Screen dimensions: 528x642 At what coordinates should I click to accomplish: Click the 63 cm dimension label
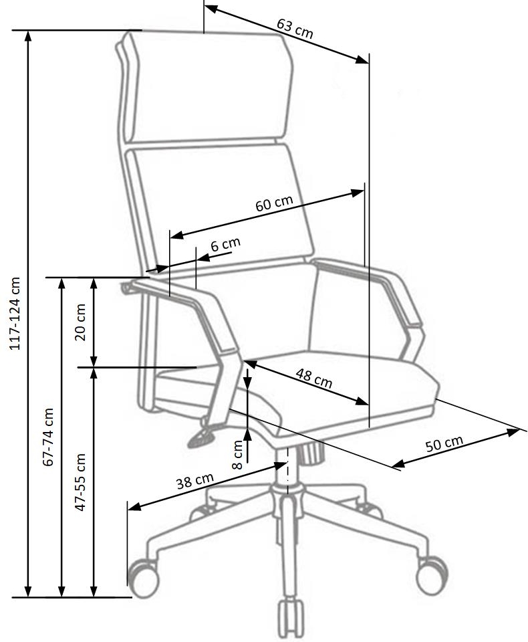pos(295,29)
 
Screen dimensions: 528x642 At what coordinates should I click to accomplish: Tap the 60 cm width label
pos(274,203)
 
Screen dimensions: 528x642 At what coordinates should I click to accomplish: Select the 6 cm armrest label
pos(225,245)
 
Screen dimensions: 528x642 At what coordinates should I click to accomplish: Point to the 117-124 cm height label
pos(15,314)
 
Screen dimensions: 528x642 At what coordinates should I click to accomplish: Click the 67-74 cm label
pos(49,437)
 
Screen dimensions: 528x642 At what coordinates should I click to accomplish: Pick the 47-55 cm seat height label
pos(81,482)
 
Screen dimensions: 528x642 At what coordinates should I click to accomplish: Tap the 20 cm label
pos(80,322)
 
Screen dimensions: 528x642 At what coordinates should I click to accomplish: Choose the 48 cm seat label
pos(314,379)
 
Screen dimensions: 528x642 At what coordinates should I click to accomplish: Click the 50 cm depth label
pos(444,443)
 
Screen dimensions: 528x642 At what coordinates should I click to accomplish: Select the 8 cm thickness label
pos(237,455)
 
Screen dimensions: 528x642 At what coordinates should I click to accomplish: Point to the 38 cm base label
pos(195,481)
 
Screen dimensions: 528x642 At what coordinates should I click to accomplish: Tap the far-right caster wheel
pos(432,575)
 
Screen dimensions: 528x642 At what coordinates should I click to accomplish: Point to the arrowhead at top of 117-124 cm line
pos(28,36)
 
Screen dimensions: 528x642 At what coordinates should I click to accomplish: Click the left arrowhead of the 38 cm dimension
pos(134,507)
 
